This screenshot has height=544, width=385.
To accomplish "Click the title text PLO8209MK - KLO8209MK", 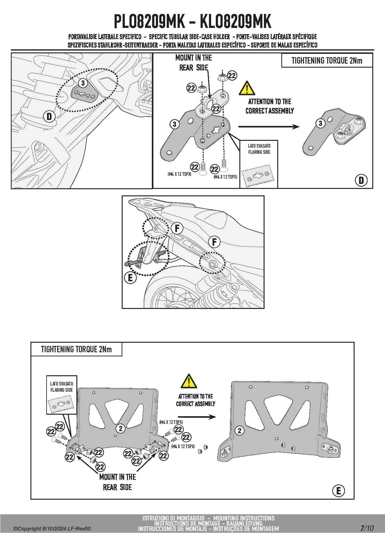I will (x=192, y=22).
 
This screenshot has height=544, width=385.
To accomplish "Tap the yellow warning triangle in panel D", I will (x=247, y=89).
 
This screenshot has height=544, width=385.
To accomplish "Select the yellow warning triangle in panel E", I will (x=188, y=381).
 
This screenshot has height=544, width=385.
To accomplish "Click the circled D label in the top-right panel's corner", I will (x=361, y=180).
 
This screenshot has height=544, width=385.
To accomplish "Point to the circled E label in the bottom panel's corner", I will (x=338, y=491).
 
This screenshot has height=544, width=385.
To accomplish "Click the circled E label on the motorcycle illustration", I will (x=130, y=278).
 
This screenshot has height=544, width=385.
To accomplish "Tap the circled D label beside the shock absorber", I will (x=49, y=117).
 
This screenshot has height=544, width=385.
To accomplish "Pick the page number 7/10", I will (x=367, y=528).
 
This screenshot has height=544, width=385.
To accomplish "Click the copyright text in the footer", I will (x=52, y=528).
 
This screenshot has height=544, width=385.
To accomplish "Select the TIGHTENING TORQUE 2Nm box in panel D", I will (x=327, y=60).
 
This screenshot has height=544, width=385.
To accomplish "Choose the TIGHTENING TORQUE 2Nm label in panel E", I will (x=76, y=349).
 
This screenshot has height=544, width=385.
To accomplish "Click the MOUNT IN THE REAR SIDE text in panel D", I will (x=193, y=62).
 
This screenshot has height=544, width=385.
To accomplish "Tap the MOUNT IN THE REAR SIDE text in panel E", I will (x=117, y=482).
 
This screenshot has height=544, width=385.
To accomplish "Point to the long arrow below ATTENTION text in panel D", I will (x=269, y=127).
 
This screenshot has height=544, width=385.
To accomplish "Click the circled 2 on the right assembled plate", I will (x=239, y=430).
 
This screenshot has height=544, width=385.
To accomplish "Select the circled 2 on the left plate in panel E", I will (x=120, y=429).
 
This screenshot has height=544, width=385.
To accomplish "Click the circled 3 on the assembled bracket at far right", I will (x=320, y=123).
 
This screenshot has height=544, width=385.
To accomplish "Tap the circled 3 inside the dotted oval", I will (x=83, y=83).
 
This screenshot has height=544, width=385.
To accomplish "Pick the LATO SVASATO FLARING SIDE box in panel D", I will (x=259, y=164).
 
